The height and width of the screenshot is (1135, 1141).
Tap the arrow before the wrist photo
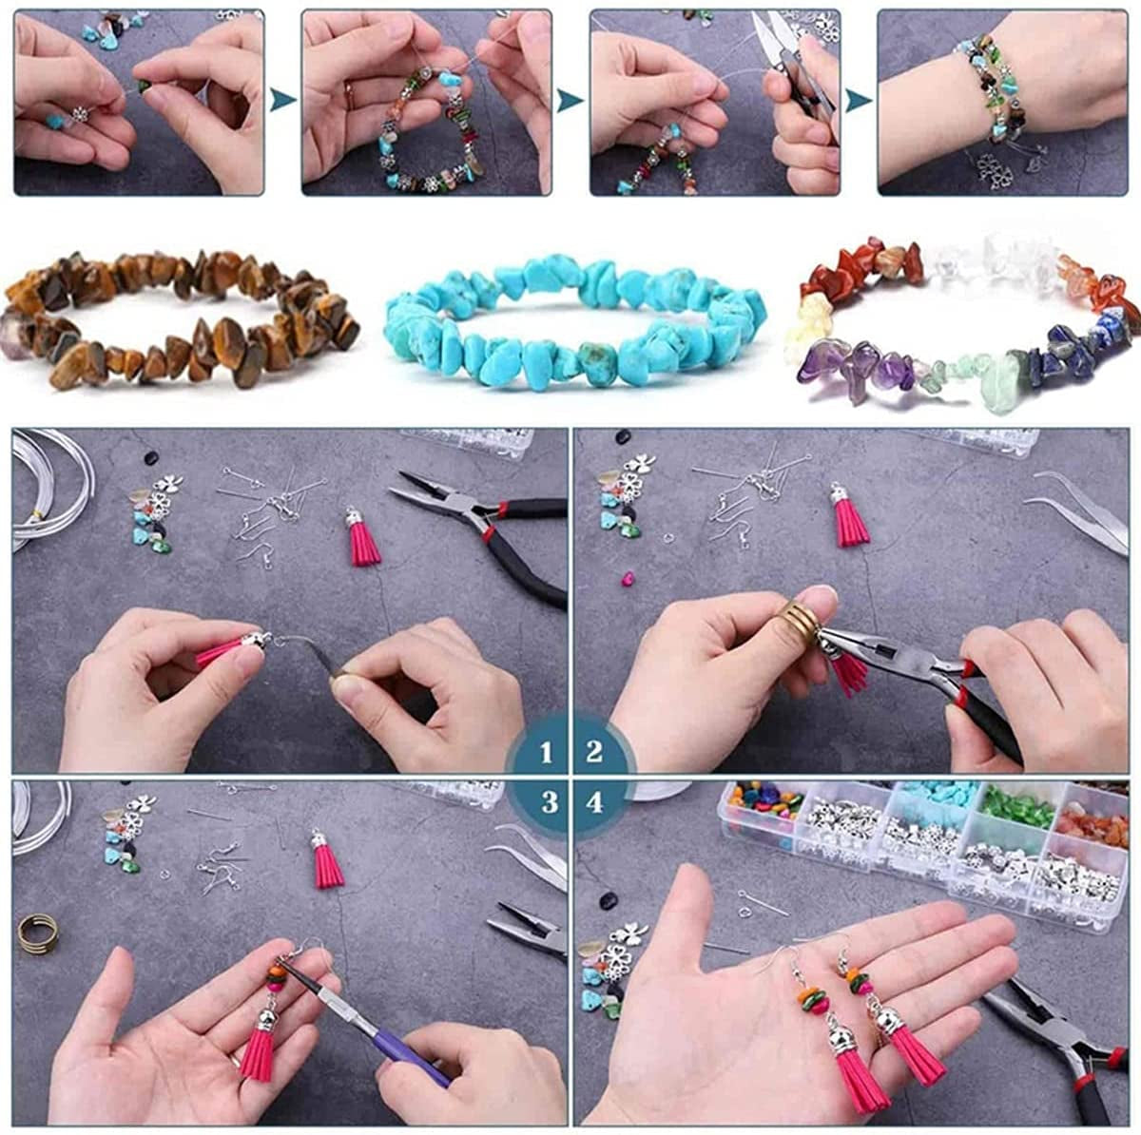[x=859, y=99]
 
